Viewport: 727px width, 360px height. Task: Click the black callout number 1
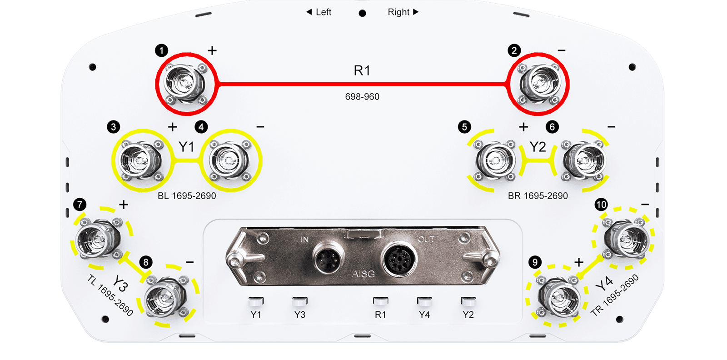[161, 50]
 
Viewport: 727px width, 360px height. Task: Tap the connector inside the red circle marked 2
[539, 84]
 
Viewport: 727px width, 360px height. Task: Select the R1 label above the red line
[362, 70]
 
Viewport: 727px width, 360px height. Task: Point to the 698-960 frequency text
[362, 97]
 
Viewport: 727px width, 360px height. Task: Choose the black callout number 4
[201, 127]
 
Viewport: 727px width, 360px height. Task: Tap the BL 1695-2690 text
[187, 196]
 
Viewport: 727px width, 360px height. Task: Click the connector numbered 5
[494, 160]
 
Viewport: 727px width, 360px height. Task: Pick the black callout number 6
[552, 127]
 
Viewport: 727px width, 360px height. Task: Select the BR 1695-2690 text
[538, 196]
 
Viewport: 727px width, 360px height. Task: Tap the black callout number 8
[146, 262]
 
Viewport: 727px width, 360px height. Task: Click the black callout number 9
[535, 262]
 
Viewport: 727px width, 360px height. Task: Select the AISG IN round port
[329, 258]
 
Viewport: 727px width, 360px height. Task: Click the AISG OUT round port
[399, 259]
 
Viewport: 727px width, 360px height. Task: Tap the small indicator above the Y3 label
[299, 302]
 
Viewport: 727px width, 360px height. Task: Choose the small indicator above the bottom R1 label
[380, 302]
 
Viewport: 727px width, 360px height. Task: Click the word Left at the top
[323, 12]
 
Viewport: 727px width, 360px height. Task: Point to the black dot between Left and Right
[363, 13]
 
